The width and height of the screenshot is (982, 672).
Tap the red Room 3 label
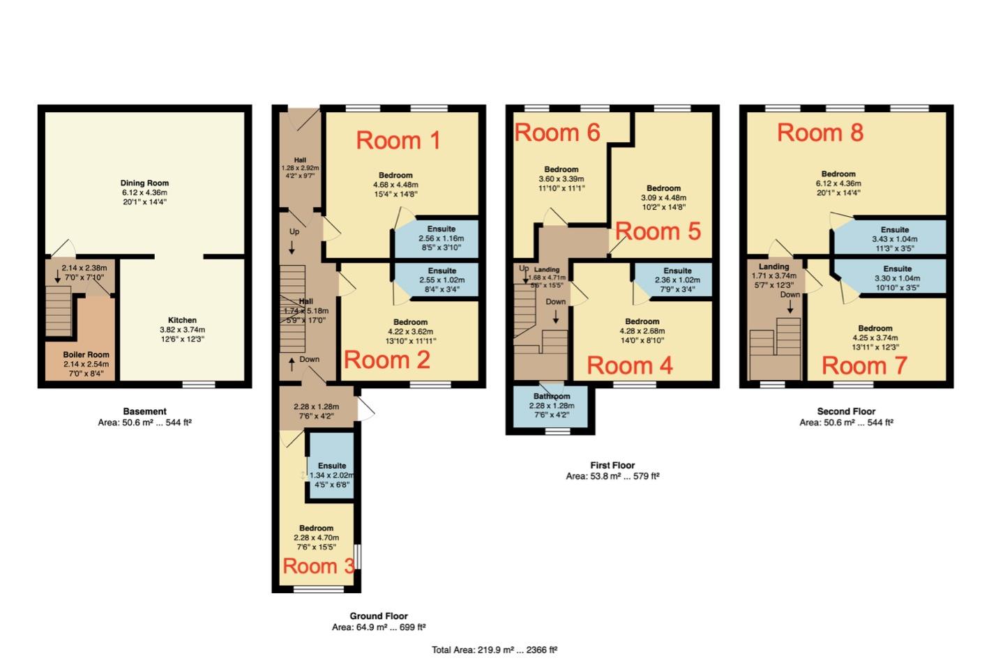click(x=319, y=566)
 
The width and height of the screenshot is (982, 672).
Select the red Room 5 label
click(x=658, y=231)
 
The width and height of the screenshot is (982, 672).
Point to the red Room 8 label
click(x=820, y=133)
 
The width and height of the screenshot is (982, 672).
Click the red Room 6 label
click(x=557, y=133)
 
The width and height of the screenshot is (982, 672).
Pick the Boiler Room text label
click(x=86, y=355)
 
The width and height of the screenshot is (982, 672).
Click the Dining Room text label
click(x=144, y=183)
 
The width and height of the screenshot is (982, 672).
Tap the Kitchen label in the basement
click(x=182, y=321)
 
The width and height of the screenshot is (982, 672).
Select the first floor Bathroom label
click(x=552, y=396)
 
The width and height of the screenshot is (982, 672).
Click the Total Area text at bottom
click(x=494, y=650)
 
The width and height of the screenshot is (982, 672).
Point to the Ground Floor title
click(x=379, y=616)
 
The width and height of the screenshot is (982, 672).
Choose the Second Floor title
click(x=846, y=411)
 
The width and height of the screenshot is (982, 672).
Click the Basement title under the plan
click(x=144, y=411)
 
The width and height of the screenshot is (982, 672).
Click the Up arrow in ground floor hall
click(x=292, y=247)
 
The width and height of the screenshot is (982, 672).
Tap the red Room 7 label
click(x=864, y=366)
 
